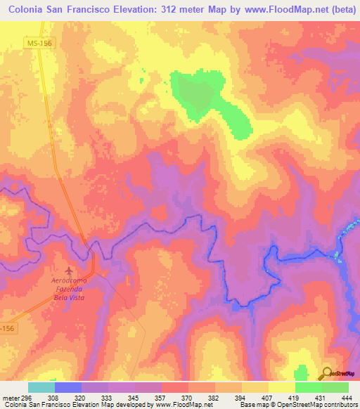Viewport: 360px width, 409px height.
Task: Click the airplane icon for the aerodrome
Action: (x=69, y=271)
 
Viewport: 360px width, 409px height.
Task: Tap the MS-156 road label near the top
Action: (x=41, y=44)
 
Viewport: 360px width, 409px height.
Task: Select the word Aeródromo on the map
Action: (x=69, y=281)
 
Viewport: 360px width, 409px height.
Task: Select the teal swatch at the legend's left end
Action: (x=41, y=387)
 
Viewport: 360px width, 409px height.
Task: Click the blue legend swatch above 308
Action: (x=68, y=387)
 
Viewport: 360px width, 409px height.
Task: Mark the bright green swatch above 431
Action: (x=309, y=387)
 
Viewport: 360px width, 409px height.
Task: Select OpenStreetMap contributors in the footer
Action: (x=316, y=405)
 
